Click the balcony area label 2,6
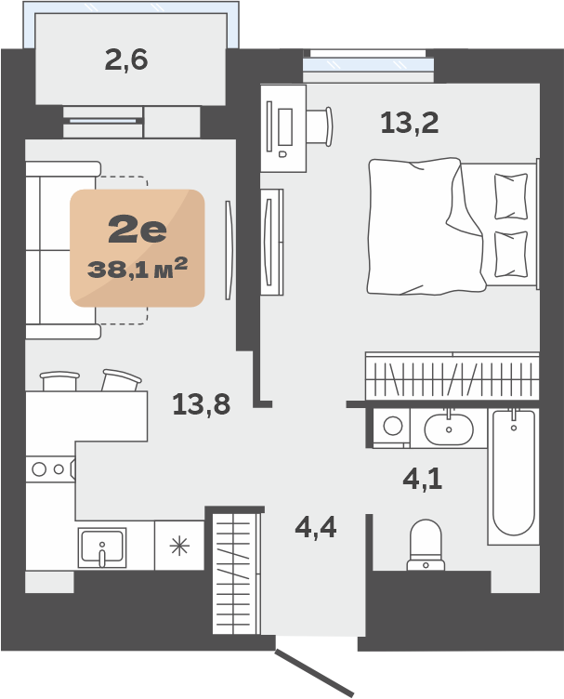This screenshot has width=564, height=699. coord(126,59)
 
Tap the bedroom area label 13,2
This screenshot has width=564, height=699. coord(410,123)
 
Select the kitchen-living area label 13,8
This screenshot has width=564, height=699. coord(202,404)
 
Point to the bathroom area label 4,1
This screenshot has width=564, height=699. coord(423,479)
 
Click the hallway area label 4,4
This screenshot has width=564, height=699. coord(316,528)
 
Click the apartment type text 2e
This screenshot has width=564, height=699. coord(138,231)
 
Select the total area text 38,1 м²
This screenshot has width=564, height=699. coord(138,268)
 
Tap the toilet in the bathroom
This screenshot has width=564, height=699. coord(426,546)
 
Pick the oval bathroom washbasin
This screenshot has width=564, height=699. coord(449,429)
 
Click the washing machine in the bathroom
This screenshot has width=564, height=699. coord(392,427)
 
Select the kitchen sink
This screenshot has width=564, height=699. coord(102,547)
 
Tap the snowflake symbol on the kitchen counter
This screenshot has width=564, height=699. coord(179,547)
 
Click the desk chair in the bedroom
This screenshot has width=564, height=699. coord(320,126)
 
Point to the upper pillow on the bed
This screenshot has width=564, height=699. coord(511,196)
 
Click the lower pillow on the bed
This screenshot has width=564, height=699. coord(511,254)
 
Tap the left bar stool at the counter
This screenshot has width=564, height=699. coord(59,381)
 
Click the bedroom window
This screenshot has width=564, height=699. coord(368,64)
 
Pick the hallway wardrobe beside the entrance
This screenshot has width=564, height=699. coord(236,574)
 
